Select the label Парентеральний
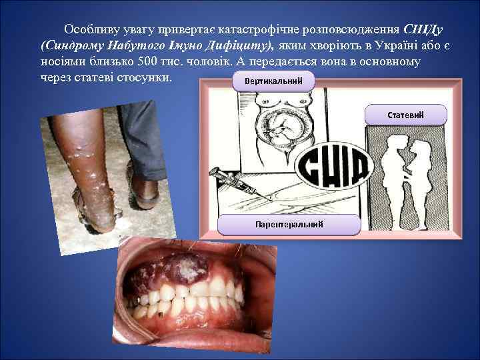[x=289, y=224]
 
